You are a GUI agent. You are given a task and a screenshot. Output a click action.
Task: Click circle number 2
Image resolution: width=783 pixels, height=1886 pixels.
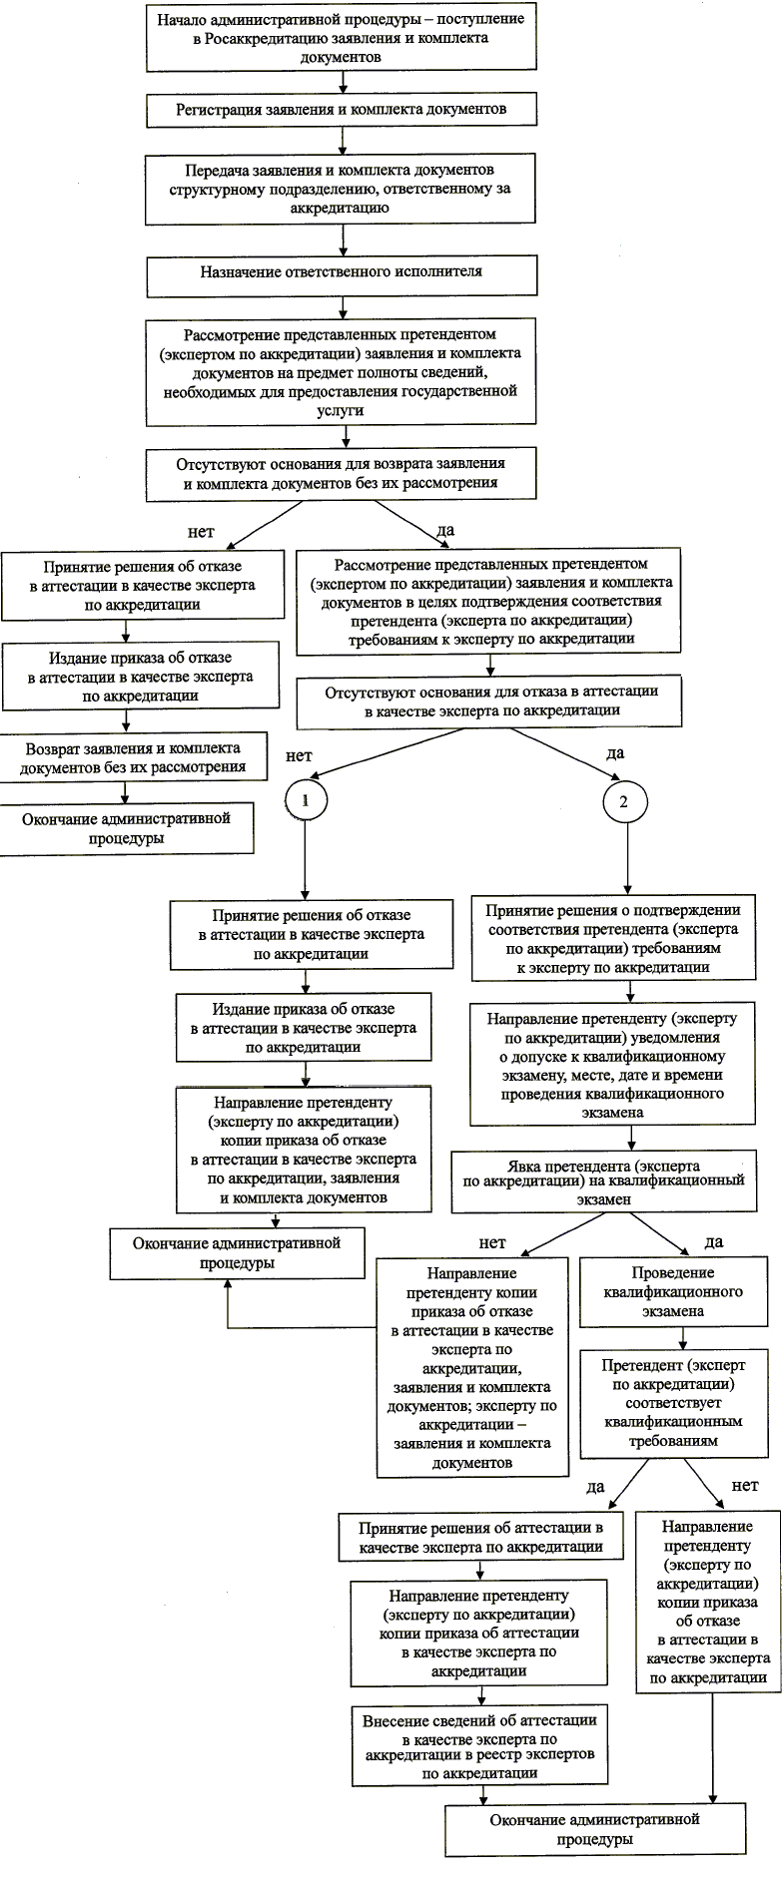(625, 801)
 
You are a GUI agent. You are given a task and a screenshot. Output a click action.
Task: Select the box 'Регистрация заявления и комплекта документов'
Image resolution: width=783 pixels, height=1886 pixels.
(342, 109)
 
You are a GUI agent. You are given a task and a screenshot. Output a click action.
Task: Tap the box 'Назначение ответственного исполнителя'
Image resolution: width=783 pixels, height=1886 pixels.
(342, 271)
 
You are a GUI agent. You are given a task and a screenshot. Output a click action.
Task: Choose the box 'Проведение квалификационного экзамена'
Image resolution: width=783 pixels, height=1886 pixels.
(673, 1292)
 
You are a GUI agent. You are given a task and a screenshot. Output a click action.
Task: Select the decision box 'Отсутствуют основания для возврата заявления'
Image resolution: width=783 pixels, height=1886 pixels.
(342, 473)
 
